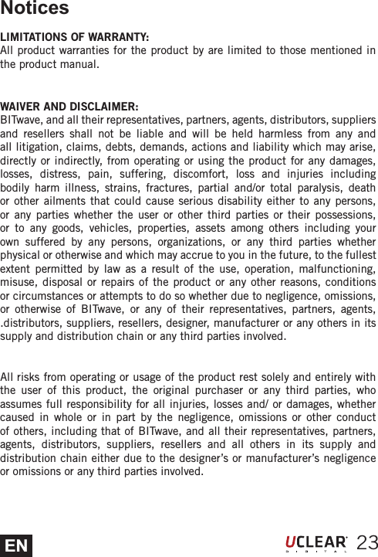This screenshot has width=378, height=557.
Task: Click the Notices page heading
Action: coord(35,9)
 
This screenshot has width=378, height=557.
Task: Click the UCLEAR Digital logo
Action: coord(316,543)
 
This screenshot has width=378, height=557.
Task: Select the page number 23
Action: coord(366,542)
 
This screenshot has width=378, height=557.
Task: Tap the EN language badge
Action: coord(16,545)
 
